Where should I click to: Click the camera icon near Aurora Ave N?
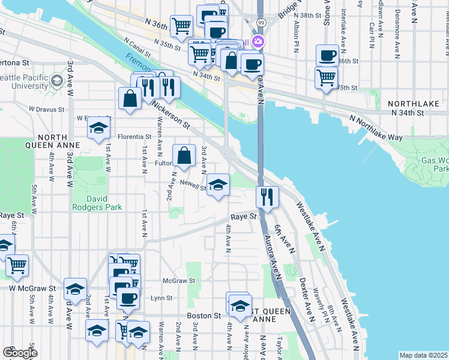pyautogui.click(x=259, y=41)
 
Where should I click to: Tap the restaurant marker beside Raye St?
pyautogui.click(x=267, y=196)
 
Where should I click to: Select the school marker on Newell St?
pyautogui.click(x=218, y=184)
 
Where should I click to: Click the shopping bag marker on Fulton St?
pyautogui.click(x=184, y=156)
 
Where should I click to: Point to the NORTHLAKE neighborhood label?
pyautogui.click(x=417, y=103)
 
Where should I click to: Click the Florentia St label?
pyautogui.click(x=133, y=136)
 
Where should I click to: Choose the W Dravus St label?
pyautogui.click(x=46, y=109)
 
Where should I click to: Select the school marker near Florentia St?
pyautogui.click(x=99, y=127)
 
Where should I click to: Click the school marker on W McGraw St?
pyautogui.click(x=75, y=289)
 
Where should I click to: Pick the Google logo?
pyautogui.click(x=20, y=353)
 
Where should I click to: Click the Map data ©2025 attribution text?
pyautogui.click(x=423, y=355)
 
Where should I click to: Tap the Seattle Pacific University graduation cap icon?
pyautogui.click(x=57, y=80)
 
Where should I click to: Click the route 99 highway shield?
pyautogui.click(x=260, y=22)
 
